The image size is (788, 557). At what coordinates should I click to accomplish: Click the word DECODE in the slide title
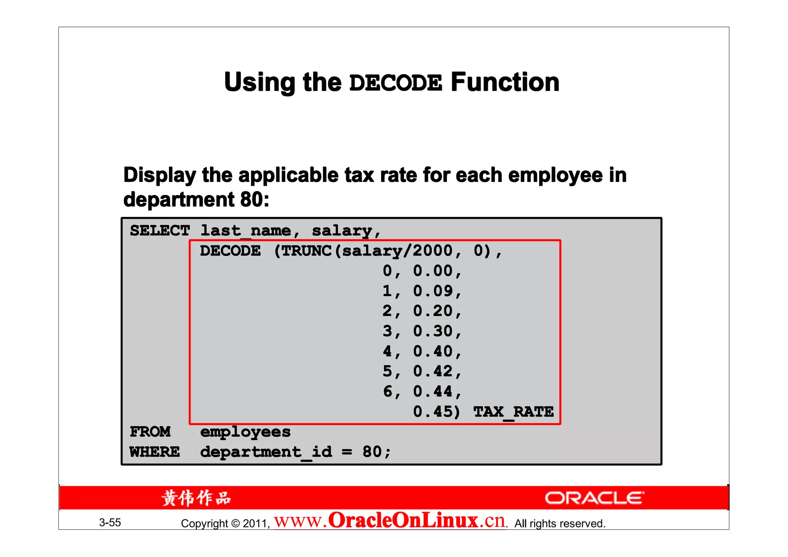coord(396,83)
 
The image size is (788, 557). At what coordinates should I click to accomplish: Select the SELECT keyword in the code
coord(160,231)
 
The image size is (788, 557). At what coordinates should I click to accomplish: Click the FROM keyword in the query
coord(150,432)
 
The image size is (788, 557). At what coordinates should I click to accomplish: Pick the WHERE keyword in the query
coord(155,452)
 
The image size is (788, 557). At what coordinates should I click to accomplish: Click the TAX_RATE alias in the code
coord(513,412)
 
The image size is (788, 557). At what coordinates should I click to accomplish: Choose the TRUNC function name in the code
coord(306,251)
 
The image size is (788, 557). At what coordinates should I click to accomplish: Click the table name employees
coord(245,432)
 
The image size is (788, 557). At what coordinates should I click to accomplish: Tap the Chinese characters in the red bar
coord(196,498)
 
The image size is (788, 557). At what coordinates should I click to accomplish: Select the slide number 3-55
coord(110,522)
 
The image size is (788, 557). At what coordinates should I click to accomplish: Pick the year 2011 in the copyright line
coord(255,524)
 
